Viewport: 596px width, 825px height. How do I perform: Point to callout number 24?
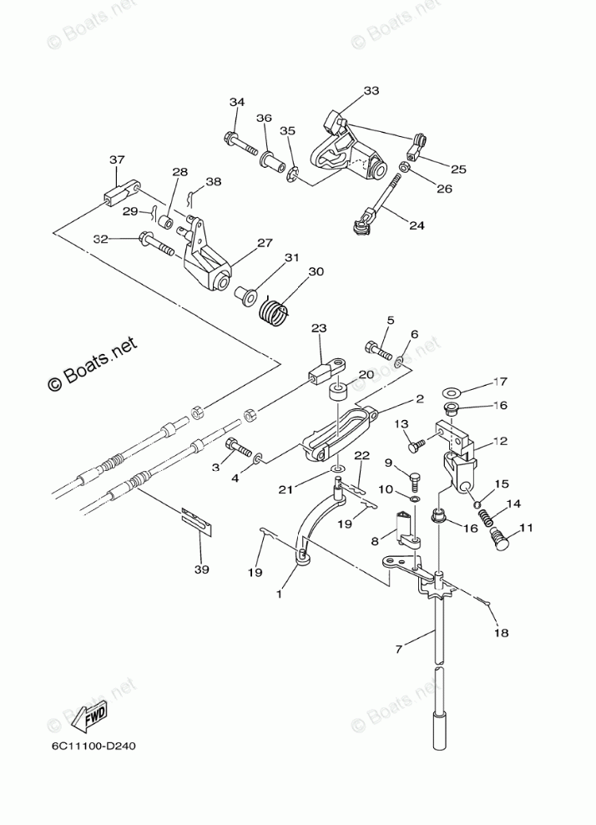click(416, 224)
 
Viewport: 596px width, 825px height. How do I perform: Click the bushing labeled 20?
click(339, 395)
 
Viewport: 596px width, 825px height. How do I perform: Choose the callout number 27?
click(264, 243)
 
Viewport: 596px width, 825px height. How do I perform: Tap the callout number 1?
click(279, 595)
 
